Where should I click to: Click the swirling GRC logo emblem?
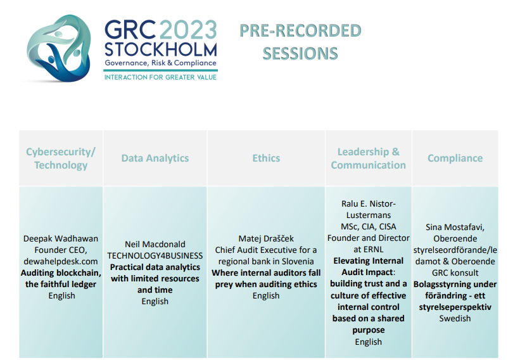58,48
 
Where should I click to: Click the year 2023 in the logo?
188,30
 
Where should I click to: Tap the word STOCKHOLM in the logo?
161,49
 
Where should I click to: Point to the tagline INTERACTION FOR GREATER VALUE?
160,77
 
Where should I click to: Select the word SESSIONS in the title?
300,53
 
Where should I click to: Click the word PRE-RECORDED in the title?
300,31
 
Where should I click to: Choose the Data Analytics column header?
155,158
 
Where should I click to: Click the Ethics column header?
266,158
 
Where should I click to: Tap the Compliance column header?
455,158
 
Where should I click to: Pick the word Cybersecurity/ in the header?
61,152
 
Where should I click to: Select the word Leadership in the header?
363,152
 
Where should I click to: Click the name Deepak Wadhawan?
61,238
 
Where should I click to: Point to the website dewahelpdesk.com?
61,262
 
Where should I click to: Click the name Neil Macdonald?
155,244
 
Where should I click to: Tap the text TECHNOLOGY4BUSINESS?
155,255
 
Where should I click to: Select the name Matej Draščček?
266,238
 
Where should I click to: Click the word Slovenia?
298,262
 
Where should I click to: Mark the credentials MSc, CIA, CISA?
369,226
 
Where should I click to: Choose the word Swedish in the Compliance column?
455,319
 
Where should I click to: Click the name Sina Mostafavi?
455,227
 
